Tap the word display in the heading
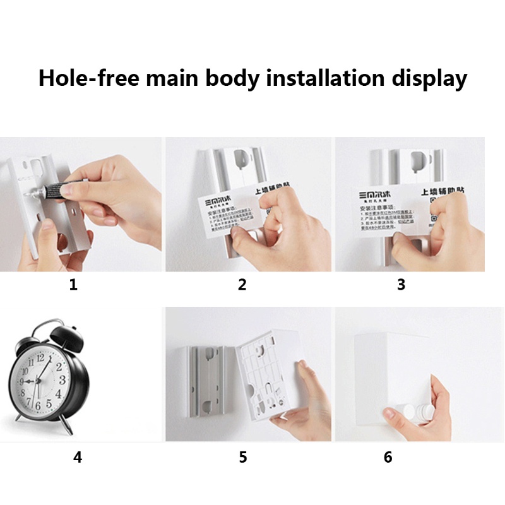429,78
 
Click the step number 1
73,285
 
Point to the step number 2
242,285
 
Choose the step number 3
400,285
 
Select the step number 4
77,457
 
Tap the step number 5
243,457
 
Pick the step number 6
388,457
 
